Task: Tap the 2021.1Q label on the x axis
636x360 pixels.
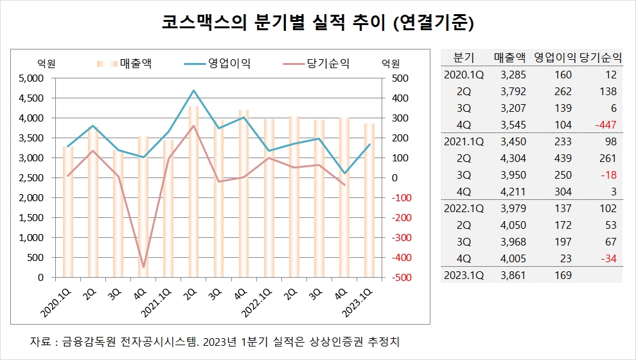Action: [x=157, y=301]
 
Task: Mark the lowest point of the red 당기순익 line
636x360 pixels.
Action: [x=143, y=267]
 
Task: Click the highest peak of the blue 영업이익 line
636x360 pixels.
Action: [x=193, y=91]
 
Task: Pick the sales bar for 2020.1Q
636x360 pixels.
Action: [x=67, y=212]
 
